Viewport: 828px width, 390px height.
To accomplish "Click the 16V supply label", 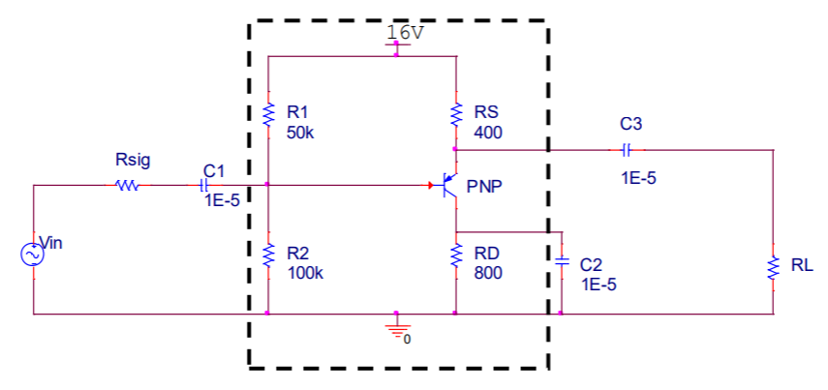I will click(405, 31).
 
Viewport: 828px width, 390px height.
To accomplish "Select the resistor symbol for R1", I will click(268, 116).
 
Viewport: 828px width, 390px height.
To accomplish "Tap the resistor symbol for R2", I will click(268, 256).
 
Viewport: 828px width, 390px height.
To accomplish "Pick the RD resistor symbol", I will click(455, 256).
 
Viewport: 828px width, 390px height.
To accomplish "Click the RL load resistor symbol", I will click(773, 268).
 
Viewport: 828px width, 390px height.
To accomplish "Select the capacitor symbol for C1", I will click(204, 185).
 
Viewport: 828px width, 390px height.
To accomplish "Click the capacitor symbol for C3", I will click(627, 150).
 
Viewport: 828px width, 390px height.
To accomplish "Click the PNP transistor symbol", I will click(448, 185).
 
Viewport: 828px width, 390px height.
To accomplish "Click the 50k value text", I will click(300, 133).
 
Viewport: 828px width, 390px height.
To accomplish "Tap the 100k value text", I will click(305, 273).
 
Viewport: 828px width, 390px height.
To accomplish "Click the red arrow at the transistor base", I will click(432, 185).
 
